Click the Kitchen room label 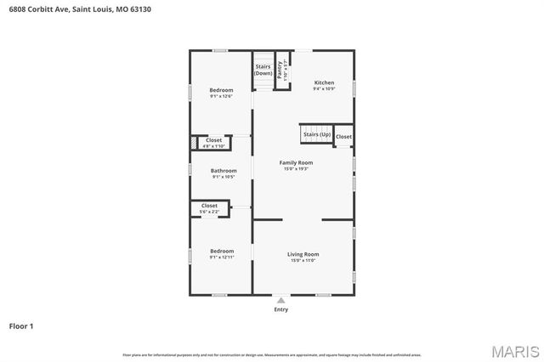[324, 82]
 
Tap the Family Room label [297, 162]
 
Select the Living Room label [301, 254]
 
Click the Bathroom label [224, 171]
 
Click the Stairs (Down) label [263, 69]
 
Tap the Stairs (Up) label [316, 134]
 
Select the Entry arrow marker [281, 301]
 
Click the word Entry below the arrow [281, 309]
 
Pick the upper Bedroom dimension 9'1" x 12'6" [221, 96]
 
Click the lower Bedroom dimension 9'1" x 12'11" [222, 257]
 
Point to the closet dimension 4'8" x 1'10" [213, 146]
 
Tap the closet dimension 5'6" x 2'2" [209, 212]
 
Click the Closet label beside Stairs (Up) [343, 137]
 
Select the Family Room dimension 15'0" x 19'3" [297, 168]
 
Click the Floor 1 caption [21, 325]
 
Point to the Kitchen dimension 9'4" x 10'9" [324, 88]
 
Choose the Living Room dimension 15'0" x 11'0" [301, 260]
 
